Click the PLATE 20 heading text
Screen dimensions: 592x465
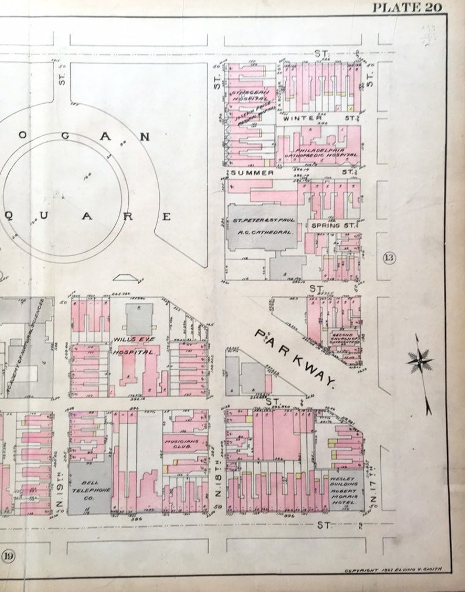click(x=407, y=8)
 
